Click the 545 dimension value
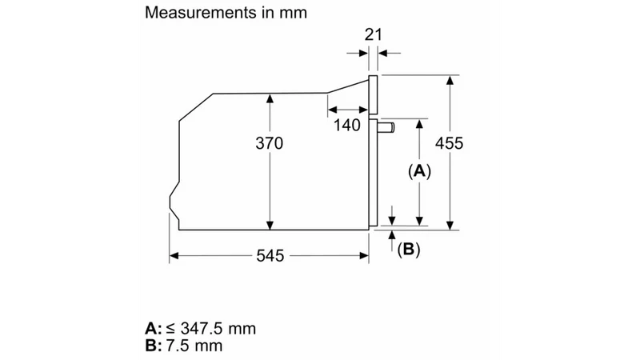[x=270, y=256]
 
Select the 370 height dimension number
[x=269, y=143]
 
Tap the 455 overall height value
[x=449, y=143]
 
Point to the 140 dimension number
[x=347, y=125]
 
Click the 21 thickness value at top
[x=373, y=34]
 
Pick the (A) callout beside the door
[x=419, y=171]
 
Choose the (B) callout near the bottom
[x=409, y=249]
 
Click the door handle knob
[x=386, y=127]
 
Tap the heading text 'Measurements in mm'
[x=226, y=13]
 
